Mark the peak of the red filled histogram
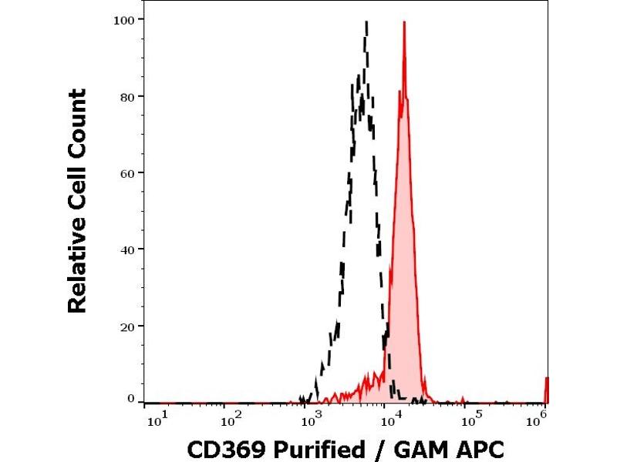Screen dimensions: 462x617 tap(404, 22)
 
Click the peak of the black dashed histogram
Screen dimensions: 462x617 tap(366, 22)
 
